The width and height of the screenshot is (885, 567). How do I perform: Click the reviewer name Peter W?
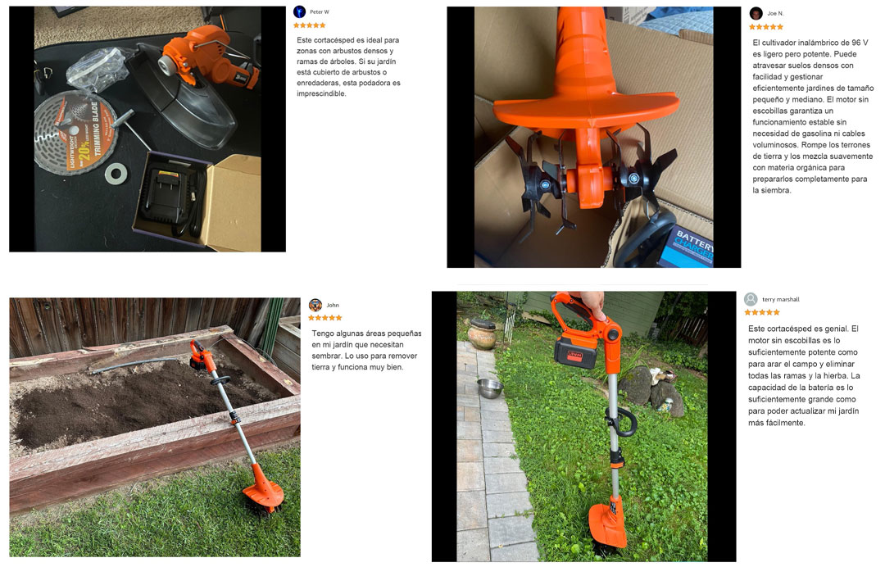[x=319, y=11]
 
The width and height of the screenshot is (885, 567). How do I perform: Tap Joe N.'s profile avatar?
[x=756, y=14]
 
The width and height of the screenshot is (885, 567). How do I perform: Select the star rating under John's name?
[x=325, y=318]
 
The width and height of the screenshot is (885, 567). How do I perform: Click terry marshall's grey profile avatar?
[x=751, y=299]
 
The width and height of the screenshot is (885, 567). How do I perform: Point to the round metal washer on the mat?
[x=116, y=174]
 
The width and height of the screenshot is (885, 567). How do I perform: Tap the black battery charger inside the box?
[x=170, y=196]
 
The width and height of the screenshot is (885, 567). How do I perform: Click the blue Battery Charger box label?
[x=687, y=246]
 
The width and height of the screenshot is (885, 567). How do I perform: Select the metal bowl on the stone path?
[x=490, y=388]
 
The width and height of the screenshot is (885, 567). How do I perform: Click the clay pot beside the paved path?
[x=482, y=334]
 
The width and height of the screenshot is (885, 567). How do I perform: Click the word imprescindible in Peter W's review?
[x=322, y=93]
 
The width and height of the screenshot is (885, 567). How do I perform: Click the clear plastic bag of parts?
[x=97, y=69]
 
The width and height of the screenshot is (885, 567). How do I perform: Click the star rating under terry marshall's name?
[x=761, y=312]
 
